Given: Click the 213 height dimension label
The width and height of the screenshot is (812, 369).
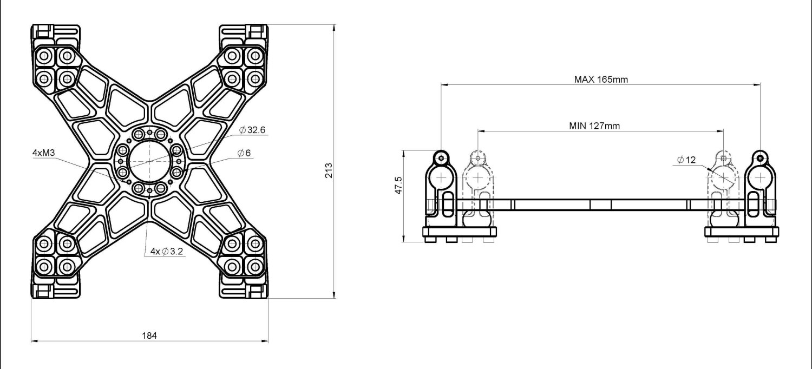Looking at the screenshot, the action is pyautogui.click(x=329, y=170).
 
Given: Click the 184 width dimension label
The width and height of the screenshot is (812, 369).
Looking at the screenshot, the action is pyautogui.click(x=149, y=335).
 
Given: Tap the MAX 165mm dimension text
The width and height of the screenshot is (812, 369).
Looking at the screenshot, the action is pyautogui.click(x=601, y=80).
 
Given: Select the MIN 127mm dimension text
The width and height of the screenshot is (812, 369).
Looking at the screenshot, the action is pyautogui.click(x=594, y=126).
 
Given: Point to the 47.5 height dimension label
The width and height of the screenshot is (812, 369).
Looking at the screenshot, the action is pyautogui.click(x=398, y=185).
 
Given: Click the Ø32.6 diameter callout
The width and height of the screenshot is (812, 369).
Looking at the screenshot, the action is pyautogui.click(x=252, y=130).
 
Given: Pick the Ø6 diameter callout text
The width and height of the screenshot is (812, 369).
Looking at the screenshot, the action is pyautogui.click(x=244, y=153).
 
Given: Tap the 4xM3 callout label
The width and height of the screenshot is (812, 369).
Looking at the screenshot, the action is pyautogui.click(x=43, y=153).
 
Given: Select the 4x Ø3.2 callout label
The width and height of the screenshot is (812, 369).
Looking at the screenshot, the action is pyautogui.click(x=167, y=251).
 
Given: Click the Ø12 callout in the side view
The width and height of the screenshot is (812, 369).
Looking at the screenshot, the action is pyautogui.click(x=686, y=160).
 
